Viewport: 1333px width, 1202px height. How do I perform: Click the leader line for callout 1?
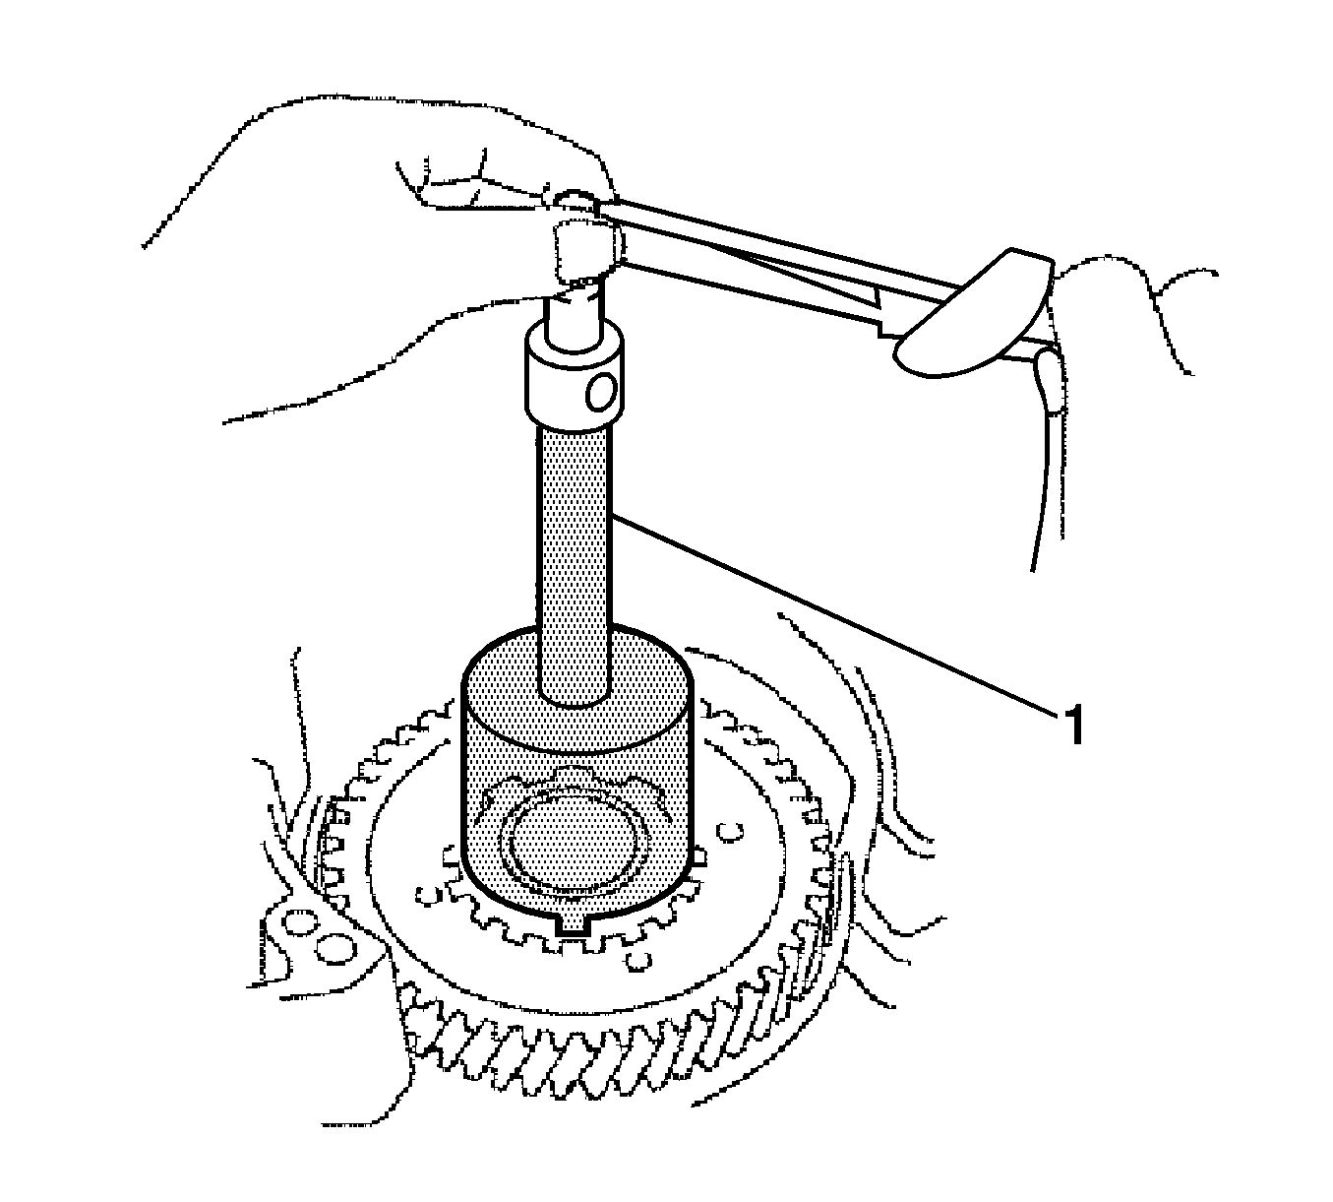point(833,614)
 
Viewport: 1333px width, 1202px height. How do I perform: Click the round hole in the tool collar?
point(602,394)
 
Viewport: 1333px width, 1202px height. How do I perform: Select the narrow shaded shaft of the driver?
point(575,565)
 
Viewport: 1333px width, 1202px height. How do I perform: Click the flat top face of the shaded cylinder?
point(576,692)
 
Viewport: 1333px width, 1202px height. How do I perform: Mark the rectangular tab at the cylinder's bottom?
point(573,925)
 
